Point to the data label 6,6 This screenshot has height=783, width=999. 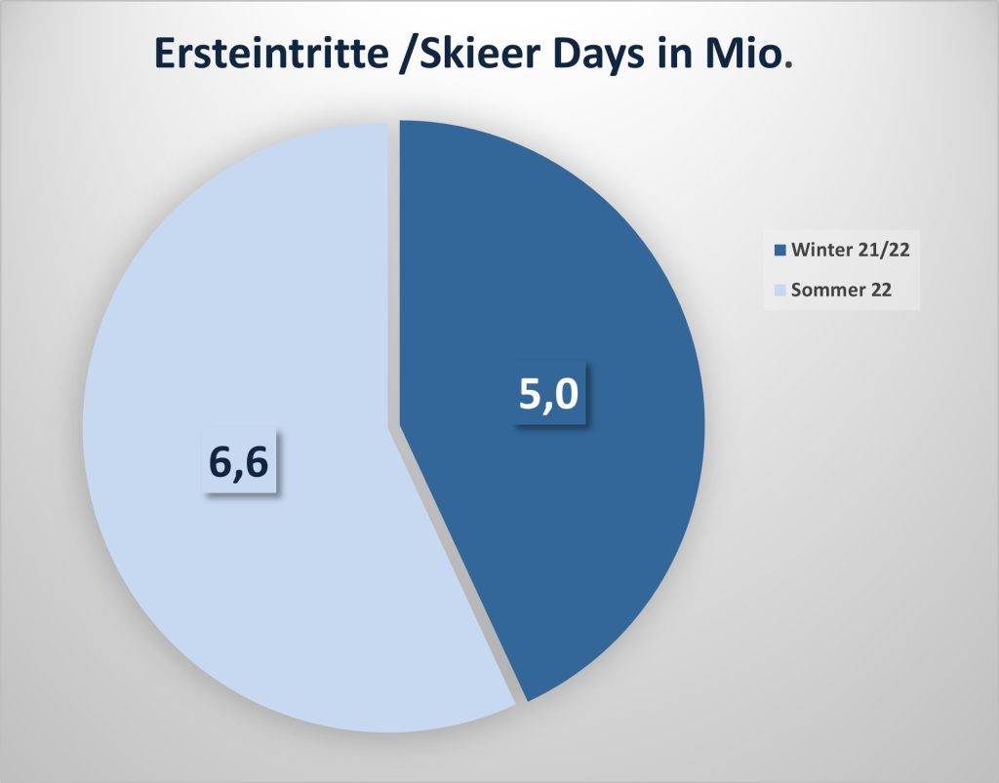point(239,463)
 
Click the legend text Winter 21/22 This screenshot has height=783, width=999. point(850,250)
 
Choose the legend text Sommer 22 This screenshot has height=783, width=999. point(841,291)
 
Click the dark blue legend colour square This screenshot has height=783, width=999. point(779,251)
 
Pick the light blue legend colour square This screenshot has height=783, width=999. point(779,291)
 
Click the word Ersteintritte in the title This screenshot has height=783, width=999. point(271,54)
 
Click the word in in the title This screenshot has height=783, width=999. point(675,54)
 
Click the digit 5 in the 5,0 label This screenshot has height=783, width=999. point(531,393)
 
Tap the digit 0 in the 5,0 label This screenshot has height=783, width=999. point(567,393)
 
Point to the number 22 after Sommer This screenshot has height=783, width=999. point(881,291)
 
